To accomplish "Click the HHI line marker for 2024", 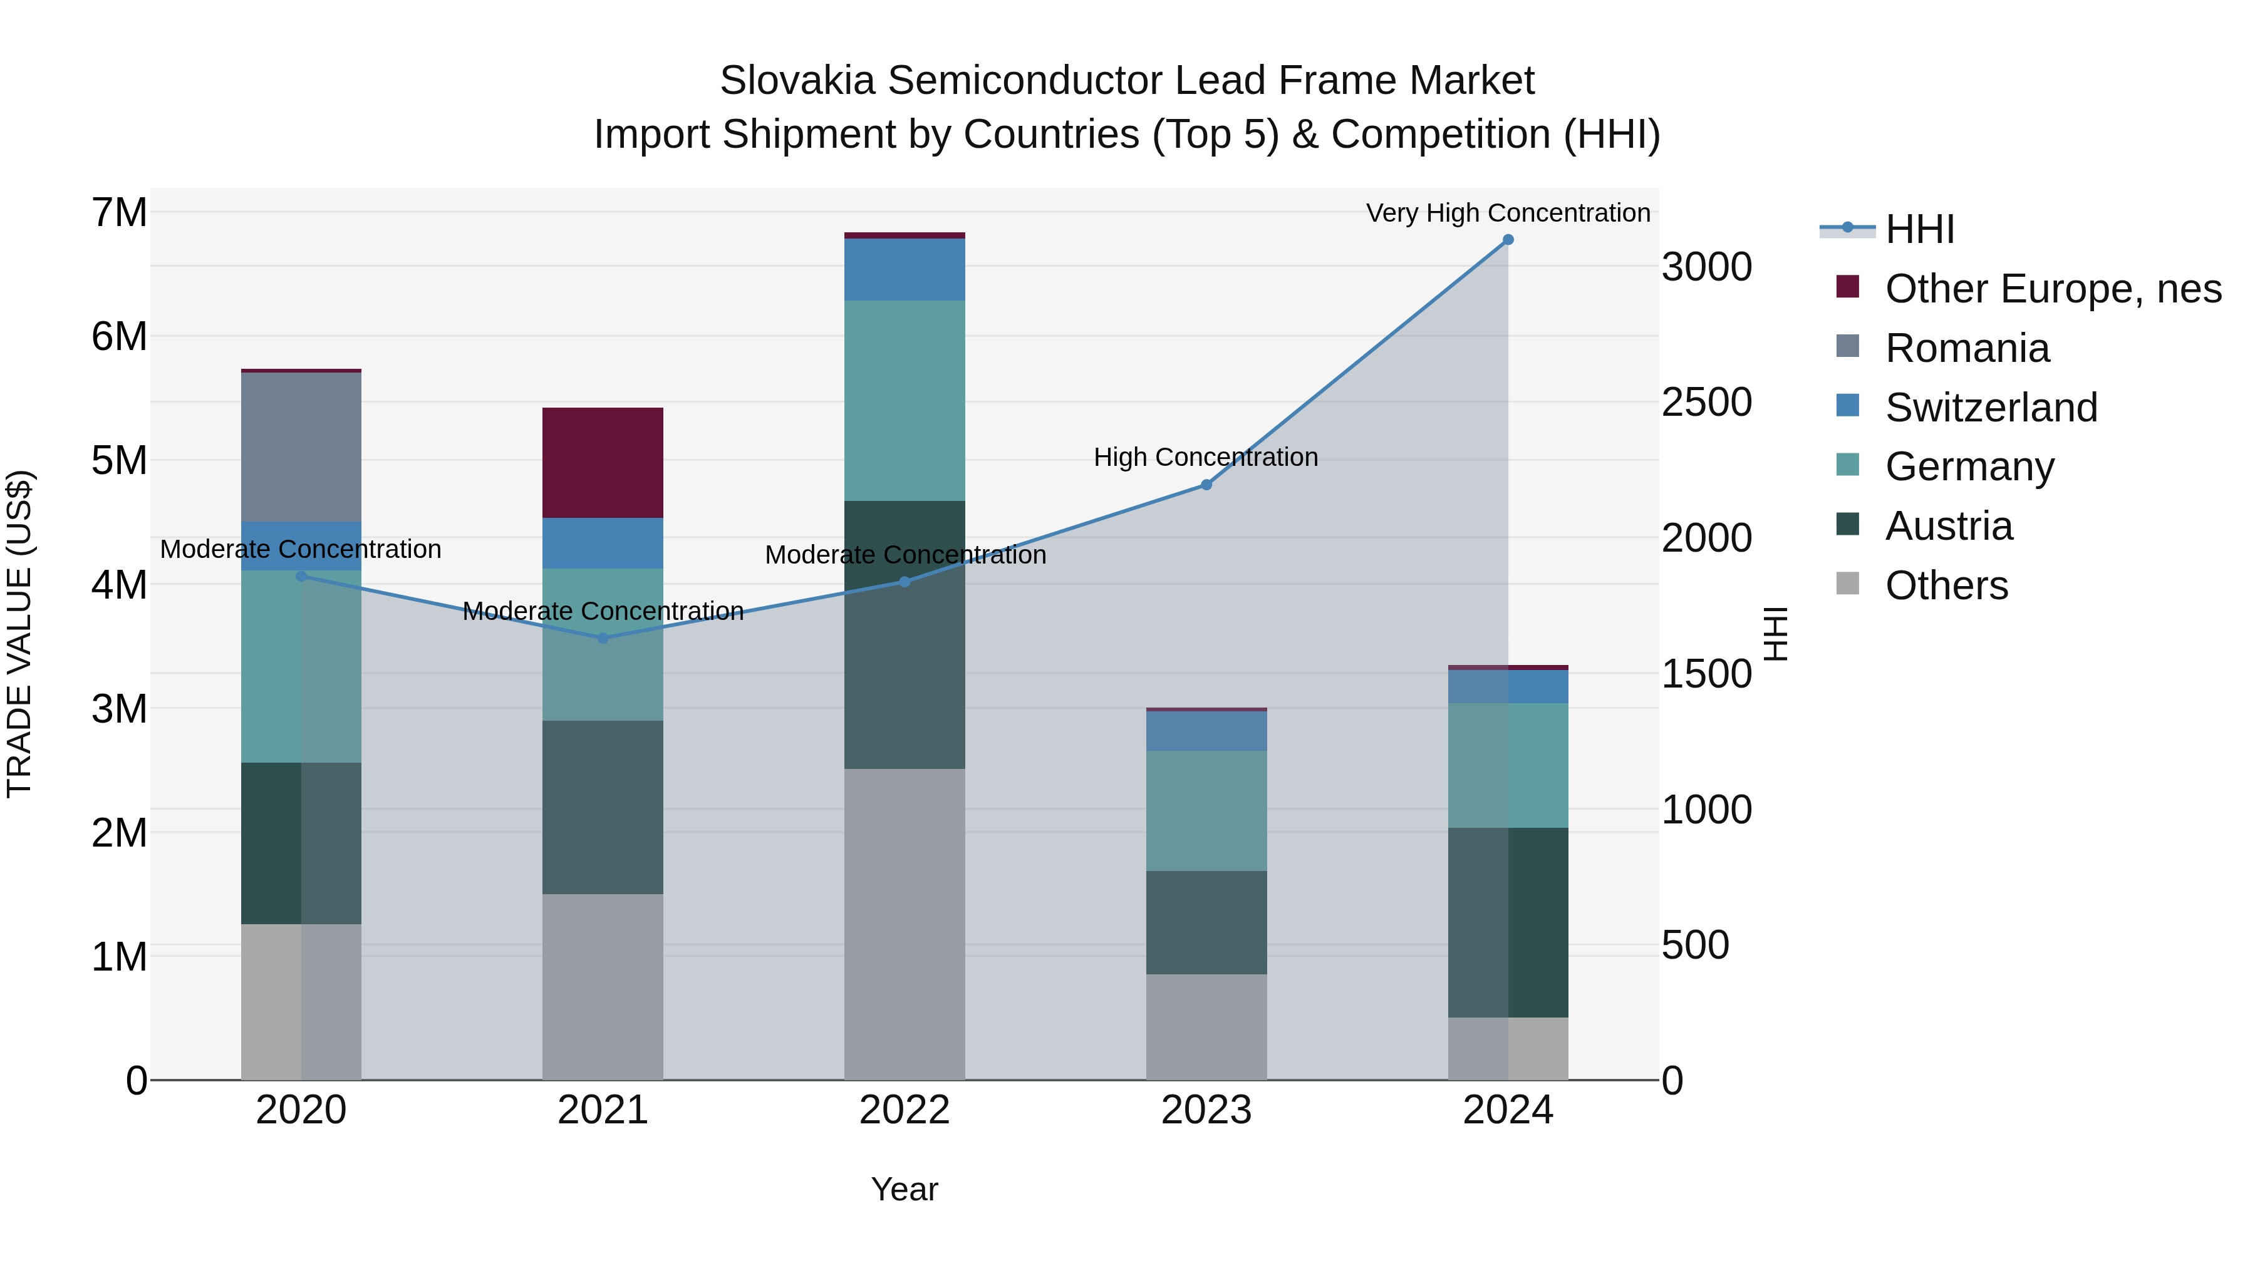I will pos(1508,240).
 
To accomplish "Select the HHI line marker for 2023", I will pos(1206,485).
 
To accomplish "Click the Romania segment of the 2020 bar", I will pos(301,447).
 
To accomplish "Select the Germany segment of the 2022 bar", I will pos(905,401).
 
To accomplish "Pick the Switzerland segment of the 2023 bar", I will pos(1206,731).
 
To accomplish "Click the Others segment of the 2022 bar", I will pos(905,924).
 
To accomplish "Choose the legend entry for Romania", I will pos(1966,348).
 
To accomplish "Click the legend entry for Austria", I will pos(1949,526).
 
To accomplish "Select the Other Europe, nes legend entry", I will pos(2052,289).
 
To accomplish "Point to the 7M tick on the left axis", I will pos(119,213).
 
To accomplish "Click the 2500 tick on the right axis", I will pos(1706,403).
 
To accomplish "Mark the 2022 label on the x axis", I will pos(905,1110).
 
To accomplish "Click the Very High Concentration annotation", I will pos(1508,213).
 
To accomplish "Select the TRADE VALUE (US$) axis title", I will pos(19,634).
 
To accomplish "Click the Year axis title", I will pos(905,1189).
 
